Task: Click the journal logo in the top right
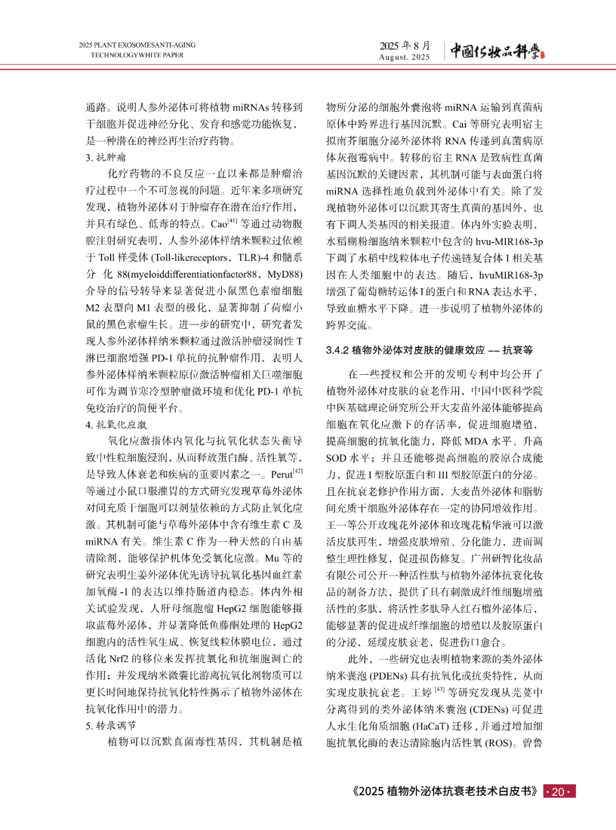[497, 51]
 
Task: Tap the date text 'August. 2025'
[404, 57]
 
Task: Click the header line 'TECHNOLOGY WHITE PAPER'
[137, 55]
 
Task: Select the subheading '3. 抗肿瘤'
[106, 157]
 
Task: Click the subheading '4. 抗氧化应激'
[116, 424]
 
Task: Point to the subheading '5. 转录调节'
[111, 726]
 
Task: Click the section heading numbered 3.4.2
[429, 350]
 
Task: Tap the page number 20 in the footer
[558, 791]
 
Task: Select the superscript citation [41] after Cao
[232, 221]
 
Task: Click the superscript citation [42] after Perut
[297, 471]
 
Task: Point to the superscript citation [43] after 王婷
[439, 690]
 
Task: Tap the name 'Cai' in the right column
[459, 124]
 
